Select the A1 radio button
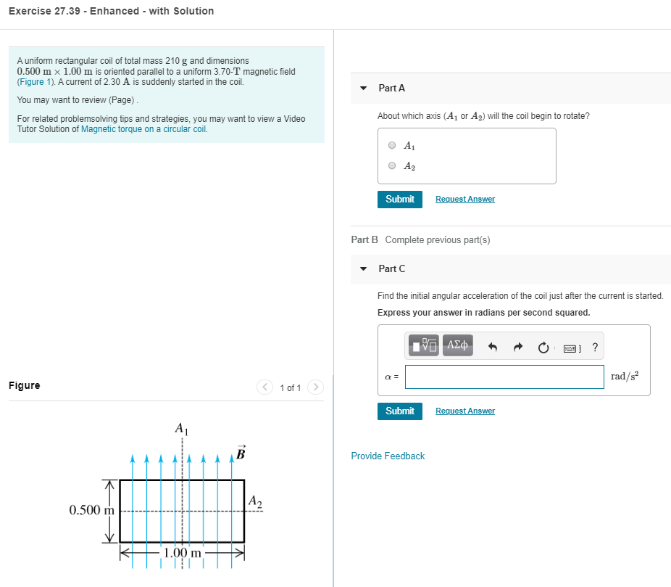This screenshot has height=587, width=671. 392,145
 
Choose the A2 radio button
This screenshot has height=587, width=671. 392,165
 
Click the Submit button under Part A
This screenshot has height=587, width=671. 399,199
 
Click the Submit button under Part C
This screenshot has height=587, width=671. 399,411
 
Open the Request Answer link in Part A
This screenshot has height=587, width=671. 465,199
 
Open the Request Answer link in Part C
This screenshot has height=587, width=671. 465,411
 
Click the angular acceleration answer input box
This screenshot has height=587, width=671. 509,376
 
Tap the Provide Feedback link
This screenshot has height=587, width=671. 388,456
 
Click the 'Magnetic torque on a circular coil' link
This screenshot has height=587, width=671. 144,129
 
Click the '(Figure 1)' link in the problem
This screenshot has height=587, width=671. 33,81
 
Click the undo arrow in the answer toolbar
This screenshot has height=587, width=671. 493,347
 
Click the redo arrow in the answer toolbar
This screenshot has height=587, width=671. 518,347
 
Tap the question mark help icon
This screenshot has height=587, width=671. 595,347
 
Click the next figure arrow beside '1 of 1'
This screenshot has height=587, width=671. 315,387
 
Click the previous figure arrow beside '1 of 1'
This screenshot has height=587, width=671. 265,387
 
